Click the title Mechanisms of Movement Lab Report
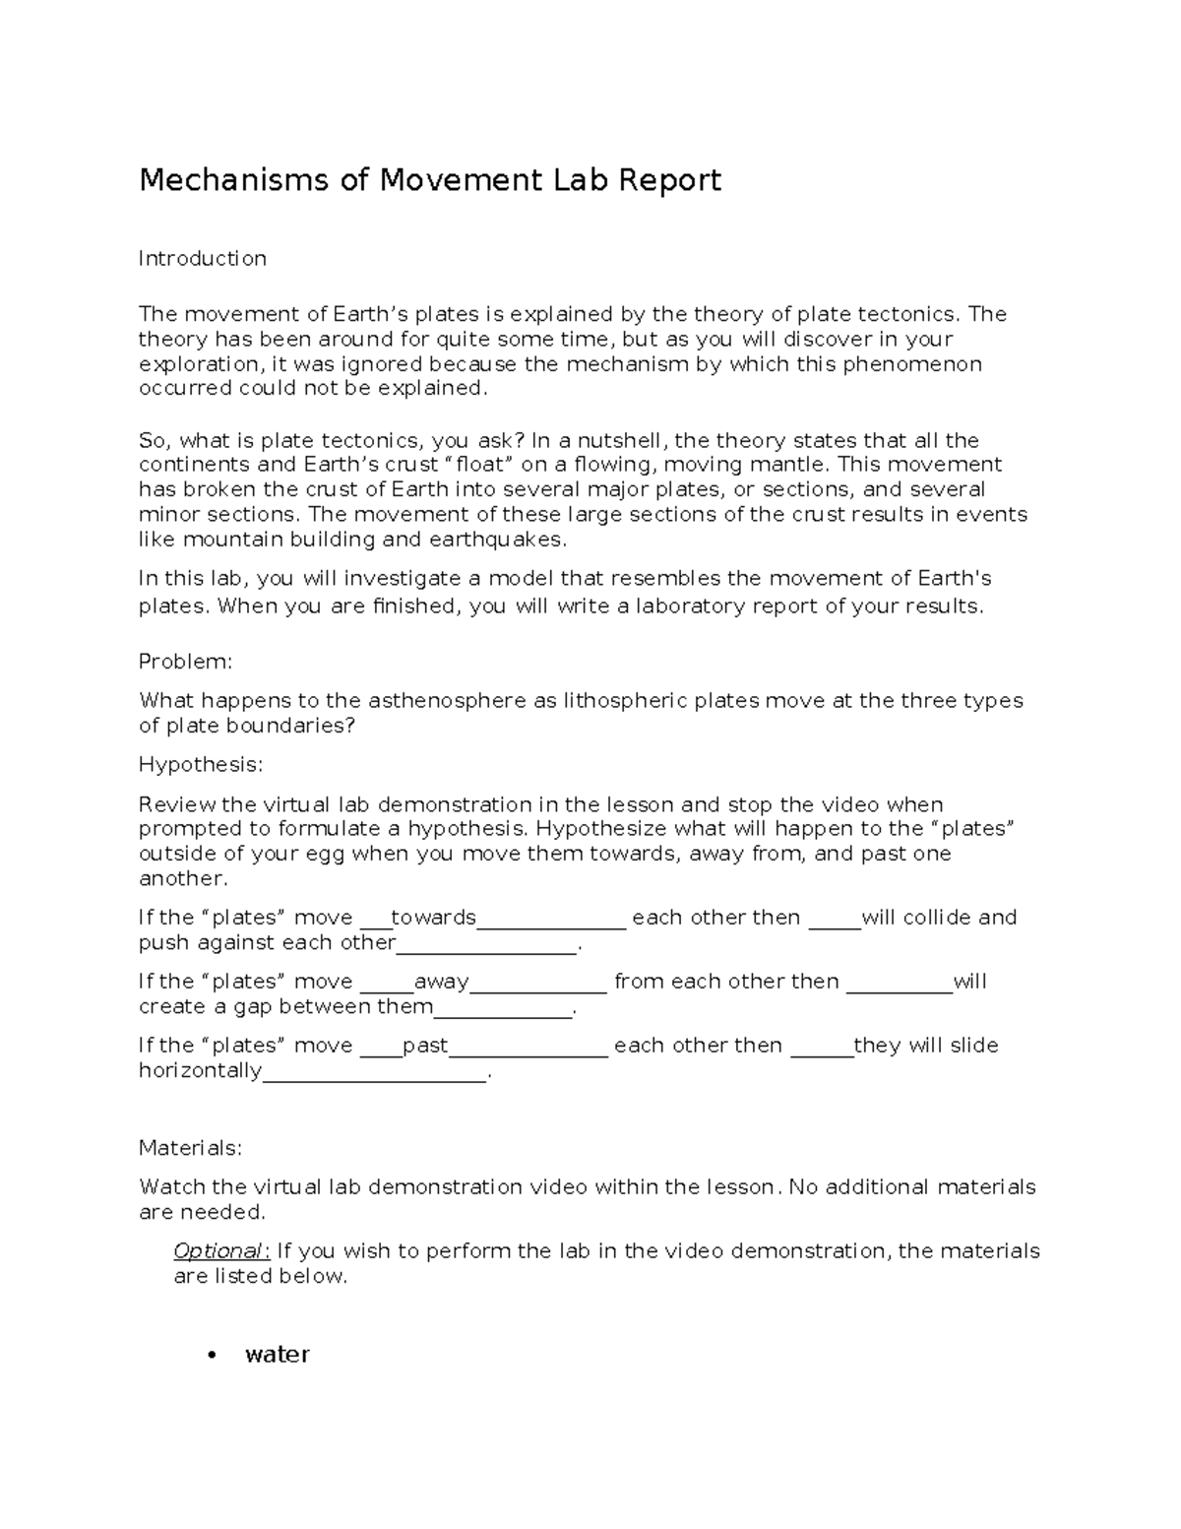[x=430, y=180]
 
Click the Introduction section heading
[x=202, y=259]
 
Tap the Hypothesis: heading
[x=201, y=765]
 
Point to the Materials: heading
[x=190, y=1148]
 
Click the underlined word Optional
[x=218, y=1251]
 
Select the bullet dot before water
[x=210, y=1356]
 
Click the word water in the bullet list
[x=277, y=1355]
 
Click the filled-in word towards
[x=433, y=918]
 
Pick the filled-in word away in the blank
[x=441, y=982]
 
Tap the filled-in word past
[x=425, y=1046]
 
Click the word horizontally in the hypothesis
[x=200, y=1071]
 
